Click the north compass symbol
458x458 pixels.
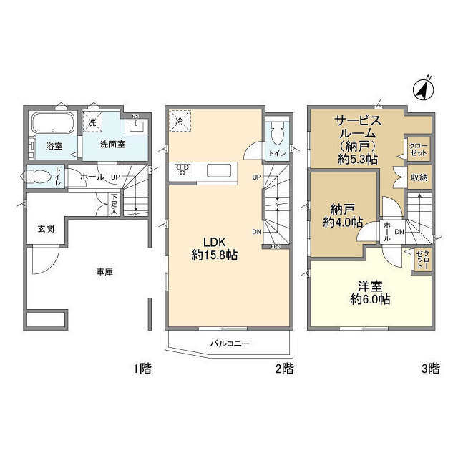click(424, 90)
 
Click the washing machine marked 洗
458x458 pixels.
click(92, 122)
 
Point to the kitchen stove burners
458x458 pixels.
click(183, 171)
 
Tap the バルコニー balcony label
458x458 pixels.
click(230, 343)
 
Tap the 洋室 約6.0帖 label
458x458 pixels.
click(370, 293)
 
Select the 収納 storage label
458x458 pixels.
click(419, 177)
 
